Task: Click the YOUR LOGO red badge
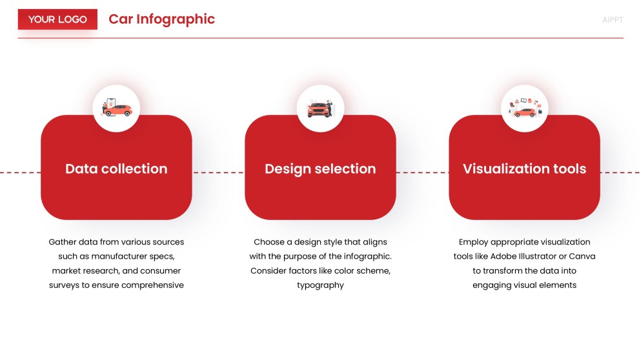pos(57,19)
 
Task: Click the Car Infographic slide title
pos(161,19)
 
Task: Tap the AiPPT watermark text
pos(612,20)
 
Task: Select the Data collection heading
pos(116,169)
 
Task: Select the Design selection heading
pos(320,169)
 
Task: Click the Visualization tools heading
pos(524,169)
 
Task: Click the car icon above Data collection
pos(116,108)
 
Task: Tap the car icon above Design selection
pos(320,108)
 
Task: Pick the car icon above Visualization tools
pos(524,108)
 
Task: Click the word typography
pos(320,285)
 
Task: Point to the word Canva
pos(582,257)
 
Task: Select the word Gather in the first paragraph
pos(63,243)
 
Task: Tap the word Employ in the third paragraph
pos(473,243)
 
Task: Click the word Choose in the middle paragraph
pos(269,243)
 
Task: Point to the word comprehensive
pos(152,285)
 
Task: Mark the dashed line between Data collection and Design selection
pos(218,173)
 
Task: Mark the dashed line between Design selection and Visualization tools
pos(422,173)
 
